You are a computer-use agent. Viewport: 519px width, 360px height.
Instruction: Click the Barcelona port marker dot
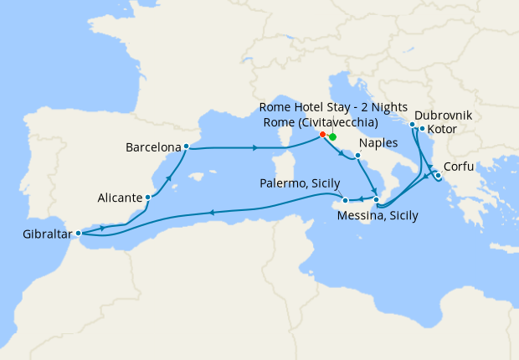(185, 148)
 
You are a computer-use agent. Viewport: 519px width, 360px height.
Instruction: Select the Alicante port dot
(148, 198)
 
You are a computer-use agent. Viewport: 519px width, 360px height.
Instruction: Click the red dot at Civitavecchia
(322, 134)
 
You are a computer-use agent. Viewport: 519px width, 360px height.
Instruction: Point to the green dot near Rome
(332, 137)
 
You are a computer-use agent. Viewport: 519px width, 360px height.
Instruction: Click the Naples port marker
(357, 156)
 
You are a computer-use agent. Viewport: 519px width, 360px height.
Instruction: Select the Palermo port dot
(345, 200)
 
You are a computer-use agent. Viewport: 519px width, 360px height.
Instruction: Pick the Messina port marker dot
(377, 200)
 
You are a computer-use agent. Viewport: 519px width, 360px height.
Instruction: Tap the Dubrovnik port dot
(413, 125)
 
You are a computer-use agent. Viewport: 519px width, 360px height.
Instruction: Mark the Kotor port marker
(422, 129)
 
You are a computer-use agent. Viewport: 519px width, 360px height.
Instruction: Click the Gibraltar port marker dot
(79, 234)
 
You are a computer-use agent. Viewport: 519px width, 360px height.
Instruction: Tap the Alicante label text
(117, 198)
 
